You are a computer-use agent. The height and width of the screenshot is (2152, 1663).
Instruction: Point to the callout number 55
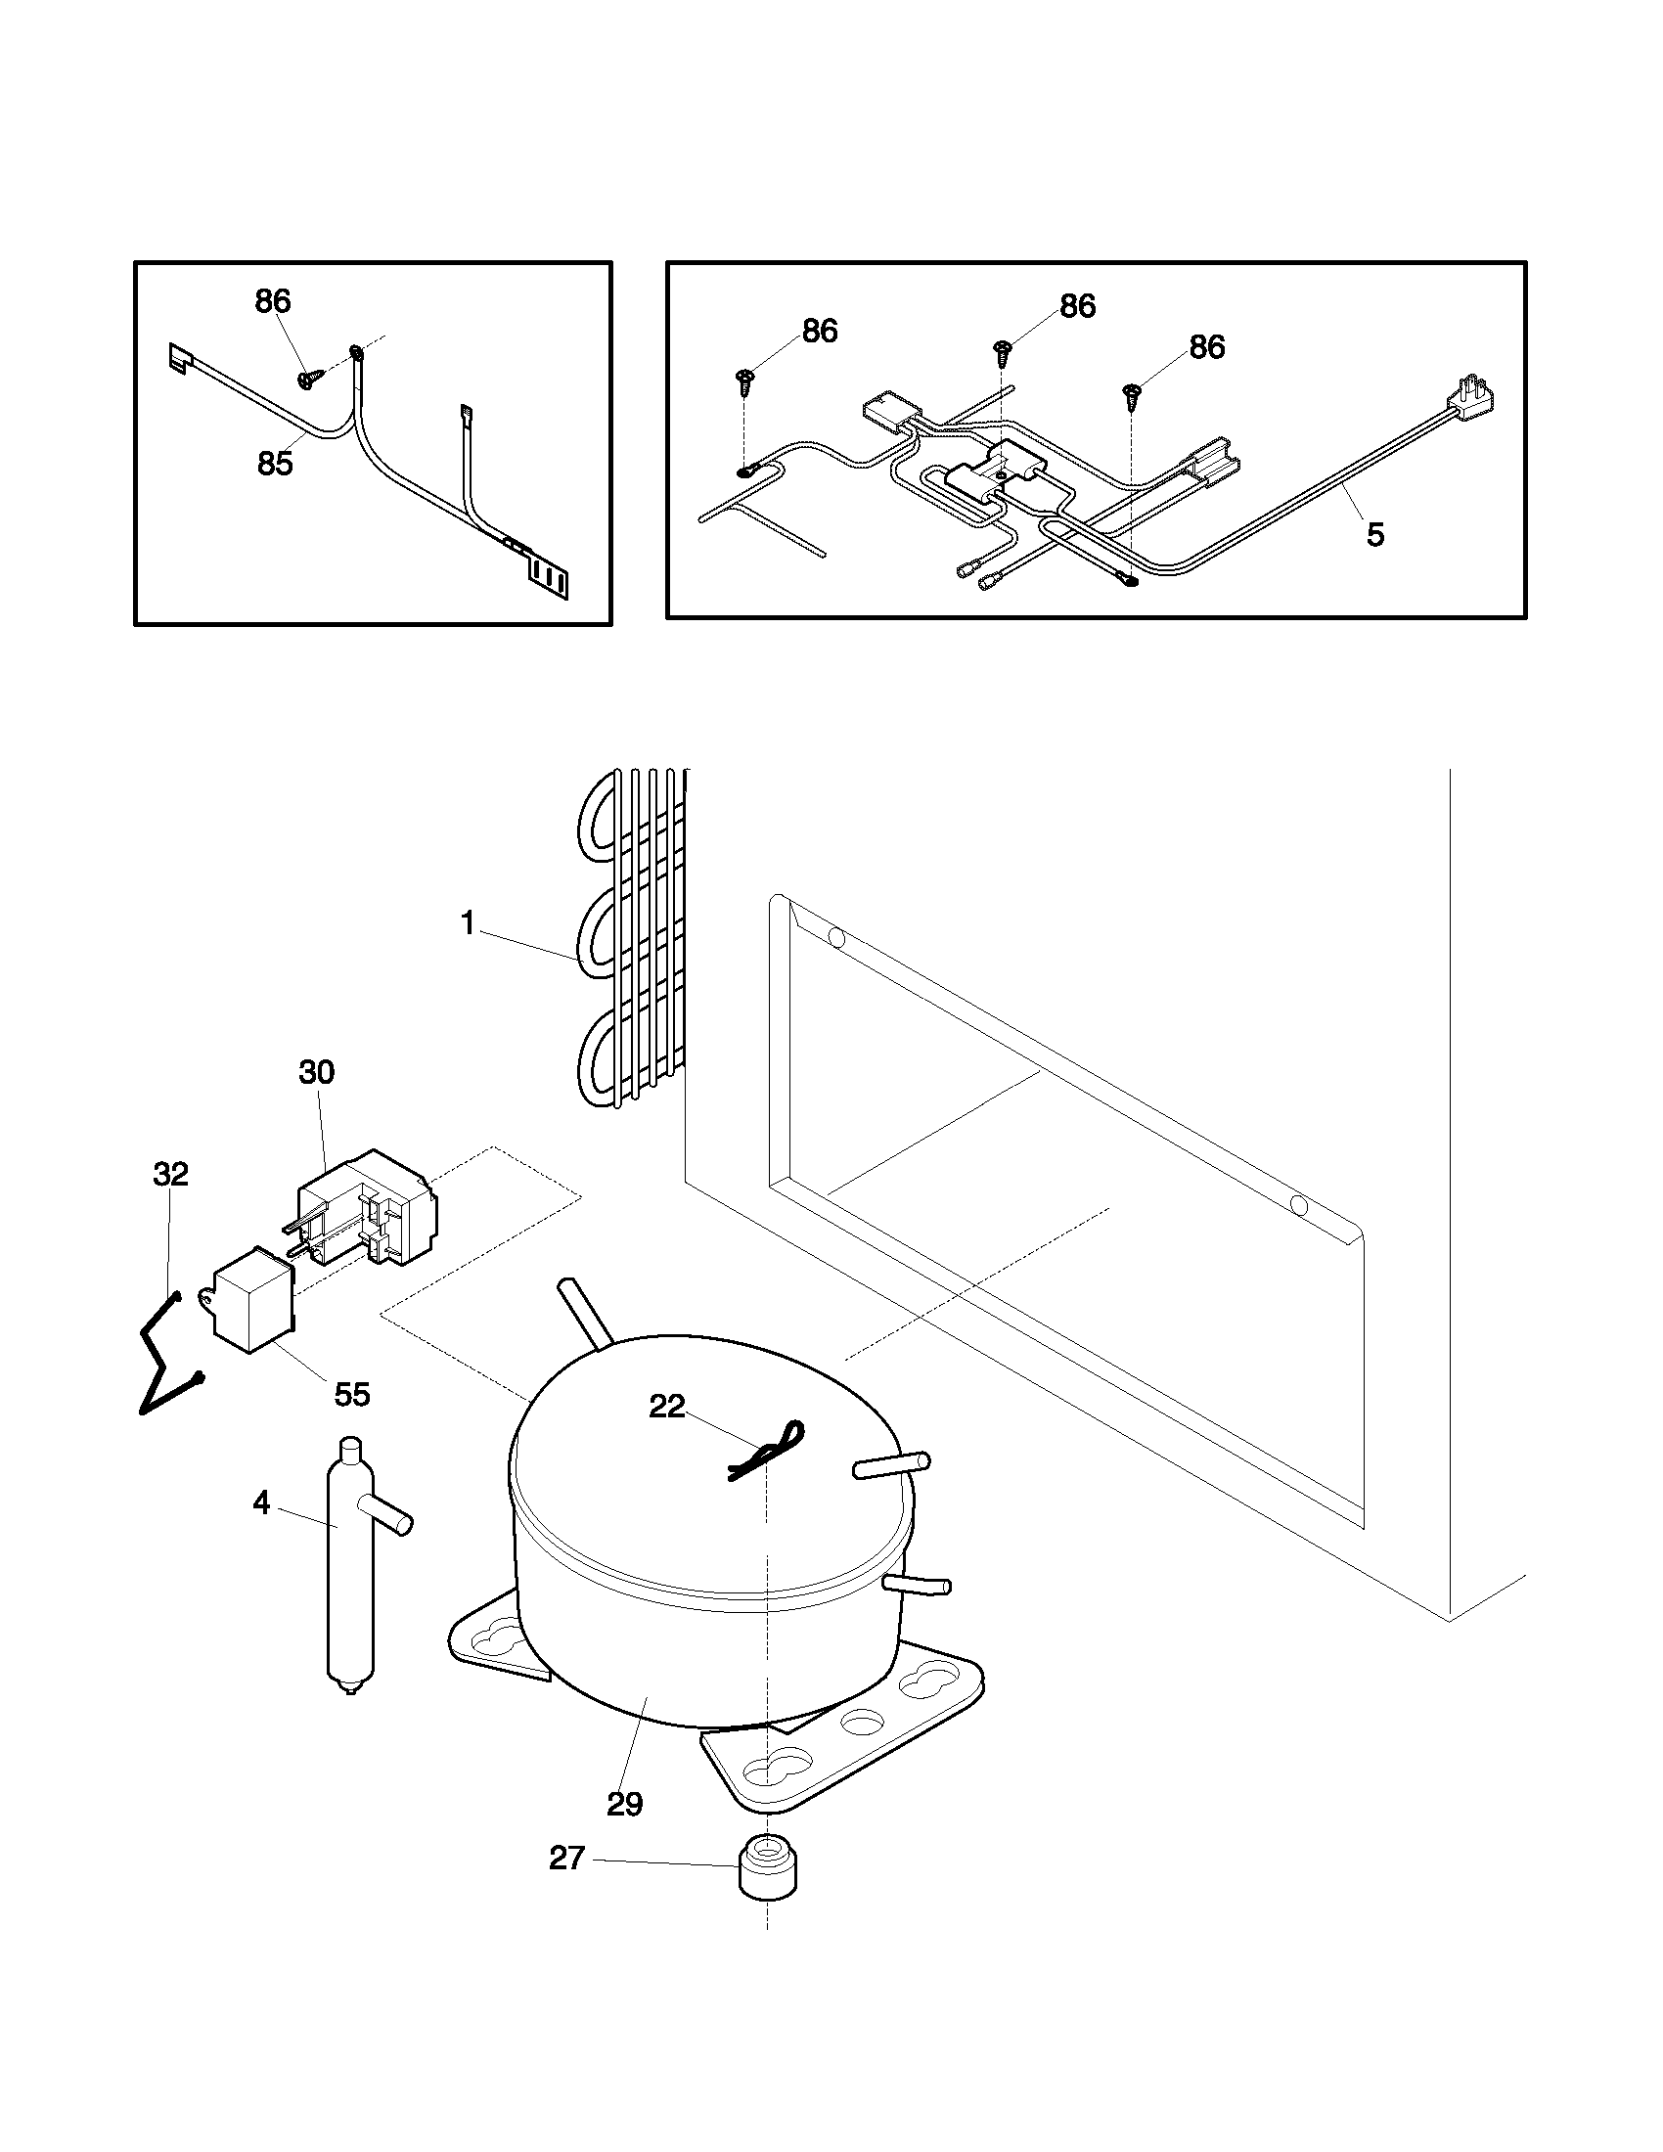click(352, 1394)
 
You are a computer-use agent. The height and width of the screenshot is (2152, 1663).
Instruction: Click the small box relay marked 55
click(252, 1299)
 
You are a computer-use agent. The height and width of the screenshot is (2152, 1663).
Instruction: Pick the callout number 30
click(316, 1072)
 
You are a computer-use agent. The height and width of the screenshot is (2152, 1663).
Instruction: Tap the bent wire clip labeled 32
click(163, 1355)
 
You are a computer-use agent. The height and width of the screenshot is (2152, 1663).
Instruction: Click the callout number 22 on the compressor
click(667, 1406)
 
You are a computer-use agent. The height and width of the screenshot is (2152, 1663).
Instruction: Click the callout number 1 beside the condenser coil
click(468, 923)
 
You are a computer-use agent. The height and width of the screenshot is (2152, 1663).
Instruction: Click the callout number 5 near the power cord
click(1374, 535)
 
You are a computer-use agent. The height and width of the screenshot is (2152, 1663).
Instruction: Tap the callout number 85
click(275, 463)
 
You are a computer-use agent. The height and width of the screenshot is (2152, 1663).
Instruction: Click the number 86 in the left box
click(273, 301)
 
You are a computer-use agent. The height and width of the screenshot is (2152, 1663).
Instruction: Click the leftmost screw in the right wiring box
click(744, 381)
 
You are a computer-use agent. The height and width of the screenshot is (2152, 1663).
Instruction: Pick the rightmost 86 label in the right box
click(1207, 347)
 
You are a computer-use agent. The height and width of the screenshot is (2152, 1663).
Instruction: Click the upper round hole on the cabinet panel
click(836, 937)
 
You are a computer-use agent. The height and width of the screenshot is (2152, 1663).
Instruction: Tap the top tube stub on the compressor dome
click(583, 1310)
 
